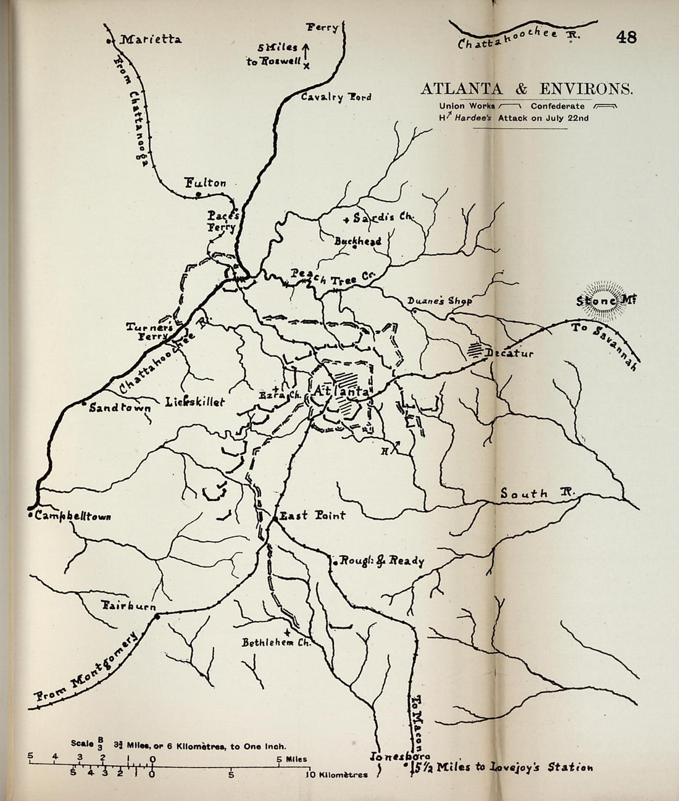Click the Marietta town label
(x=150, y=40)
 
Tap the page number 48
(x=625, y=38)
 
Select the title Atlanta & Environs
(x=527, y=89)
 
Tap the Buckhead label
(x=357, y=241)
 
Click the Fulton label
(x=206, y=183)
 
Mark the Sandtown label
(x=116, y=408)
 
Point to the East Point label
(x=312, y=515)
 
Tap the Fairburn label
(x=128, y=606)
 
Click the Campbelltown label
(x=73, y=516)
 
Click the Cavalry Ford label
(x=336, y=97)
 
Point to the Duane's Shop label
(x=439, y=301)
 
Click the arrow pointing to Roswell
(x=306, y=52)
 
